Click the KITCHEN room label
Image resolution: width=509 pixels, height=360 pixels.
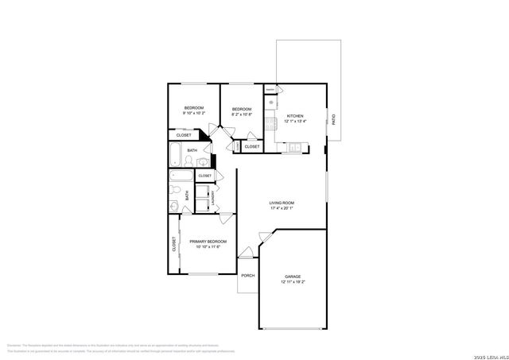coord(295,115)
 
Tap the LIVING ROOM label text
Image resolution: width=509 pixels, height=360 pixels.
coord(282,203)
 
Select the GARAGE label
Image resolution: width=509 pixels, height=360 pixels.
coord(293,277)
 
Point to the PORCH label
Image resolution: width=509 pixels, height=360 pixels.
coord(248,276)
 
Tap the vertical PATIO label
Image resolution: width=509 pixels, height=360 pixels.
coord(333,120)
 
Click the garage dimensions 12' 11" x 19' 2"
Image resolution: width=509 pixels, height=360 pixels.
coord(293,282)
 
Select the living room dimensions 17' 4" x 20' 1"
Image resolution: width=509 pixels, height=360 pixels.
coord(282,209)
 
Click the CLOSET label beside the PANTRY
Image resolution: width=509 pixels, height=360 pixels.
coord(251,146)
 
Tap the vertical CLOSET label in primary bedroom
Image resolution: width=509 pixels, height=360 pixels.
coord(173,245)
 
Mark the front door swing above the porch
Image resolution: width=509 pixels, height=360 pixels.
coord(247,254)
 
